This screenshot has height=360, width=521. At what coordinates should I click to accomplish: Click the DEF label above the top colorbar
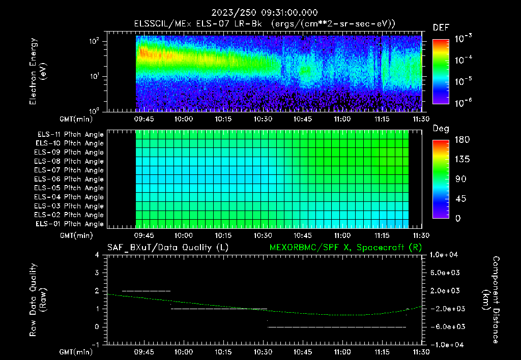coord(441,27)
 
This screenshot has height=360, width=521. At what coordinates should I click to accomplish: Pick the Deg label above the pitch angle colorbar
coord(440,129)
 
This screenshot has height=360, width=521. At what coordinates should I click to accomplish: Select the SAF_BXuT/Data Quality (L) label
coord(167,248)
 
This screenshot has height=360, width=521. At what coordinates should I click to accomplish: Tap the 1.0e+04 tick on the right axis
coord(445,255)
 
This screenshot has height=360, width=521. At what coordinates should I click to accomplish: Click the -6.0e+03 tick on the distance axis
coord(445,326)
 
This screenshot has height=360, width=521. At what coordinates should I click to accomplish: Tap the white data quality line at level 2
coord(146,291)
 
